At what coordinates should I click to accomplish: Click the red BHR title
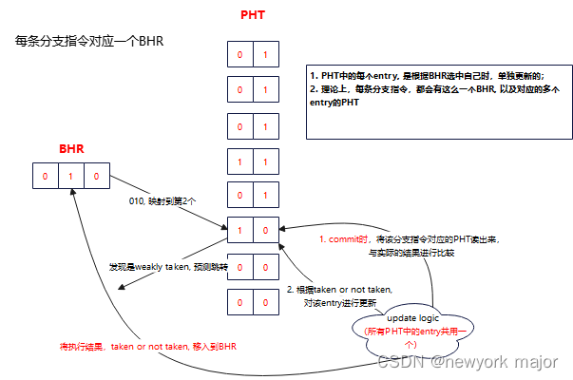(x=72, y=150)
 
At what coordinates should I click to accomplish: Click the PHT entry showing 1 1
(x=252, y=162)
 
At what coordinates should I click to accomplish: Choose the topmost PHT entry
(x=252, y=54)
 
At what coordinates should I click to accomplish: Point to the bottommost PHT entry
(x=252, y=302)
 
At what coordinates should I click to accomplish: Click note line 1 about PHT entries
(x=427, y=74)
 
